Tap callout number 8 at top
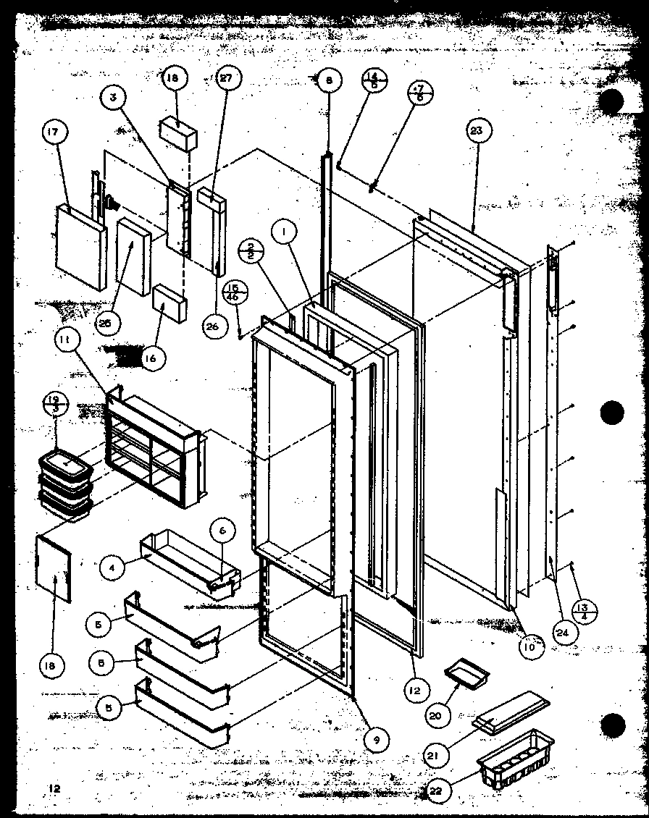328,81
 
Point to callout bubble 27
226,81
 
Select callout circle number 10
530,646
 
